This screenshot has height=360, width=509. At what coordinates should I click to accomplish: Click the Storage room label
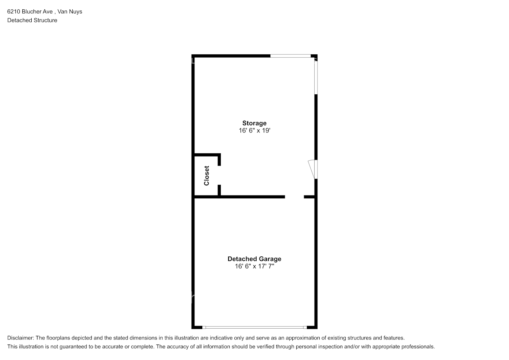tap(254, 123)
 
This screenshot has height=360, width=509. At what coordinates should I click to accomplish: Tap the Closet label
tap(207, 176)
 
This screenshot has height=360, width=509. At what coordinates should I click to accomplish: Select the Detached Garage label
tap(254, 259)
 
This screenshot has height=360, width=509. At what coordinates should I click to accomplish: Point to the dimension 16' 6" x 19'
tap(254, 131)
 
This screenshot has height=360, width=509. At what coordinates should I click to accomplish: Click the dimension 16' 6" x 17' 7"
tap(254, 266)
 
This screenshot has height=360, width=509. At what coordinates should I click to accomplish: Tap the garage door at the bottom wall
tap(254, 327)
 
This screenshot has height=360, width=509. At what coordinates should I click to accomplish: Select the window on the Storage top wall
tap(290, 56)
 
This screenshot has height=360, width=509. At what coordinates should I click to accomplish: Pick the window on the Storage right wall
tap(316, 78)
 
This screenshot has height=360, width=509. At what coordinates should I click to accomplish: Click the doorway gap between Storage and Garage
tap(294, 197)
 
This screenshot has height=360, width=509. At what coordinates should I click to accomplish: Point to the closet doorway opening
tap(219, 175)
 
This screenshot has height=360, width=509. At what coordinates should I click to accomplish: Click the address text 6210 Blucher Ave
tap(30, 12)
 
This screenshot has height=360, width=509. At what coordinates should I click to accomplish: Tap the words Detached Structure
tap(32, 20)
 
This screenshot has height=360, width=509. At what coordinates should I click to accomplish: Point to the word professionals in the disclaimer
tap(419, 347)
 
